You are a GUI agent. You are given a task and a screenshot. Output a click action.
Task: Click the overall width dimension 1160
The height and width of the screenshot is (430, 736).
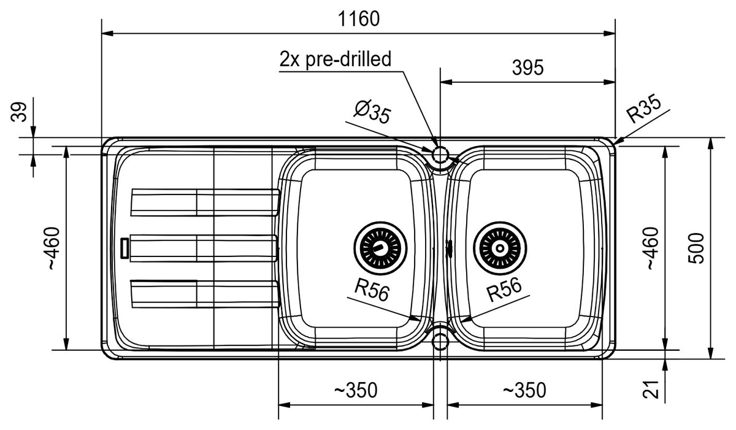click(x=358, y=19)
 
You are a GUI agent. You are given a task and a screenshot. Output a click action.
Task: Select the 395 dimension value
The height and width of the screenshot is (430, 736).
click(x=527, y=67)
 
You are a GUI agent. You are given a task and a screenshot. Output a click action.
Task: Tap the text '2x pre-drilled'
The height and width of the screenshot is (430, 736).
click(x=335, y=60)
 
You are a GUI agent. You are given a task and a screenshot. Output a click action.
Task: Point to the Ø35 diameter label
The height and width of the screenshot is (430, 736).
click(x=372, y=112)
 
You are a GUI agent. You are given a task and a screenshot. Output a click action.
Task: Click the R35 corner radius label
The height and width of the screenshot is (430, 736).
click(x=643, y=108)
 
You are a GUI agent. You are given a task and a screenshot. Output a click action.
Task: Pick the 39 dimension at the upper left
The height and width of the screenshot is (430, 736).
click(x=19, y=112)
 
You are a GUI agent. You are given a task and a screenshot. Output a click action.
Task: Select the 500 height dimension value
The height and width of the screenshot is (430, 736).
click(x=696, y=248)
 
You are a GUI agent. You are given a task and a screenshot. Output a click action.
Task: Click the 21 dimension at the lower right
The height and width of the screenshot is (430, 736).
click(x=651, y=390)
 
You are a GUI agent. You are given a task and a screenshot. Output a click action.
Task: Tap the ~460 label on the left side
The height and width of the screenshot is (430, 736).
click(x=53, y=248)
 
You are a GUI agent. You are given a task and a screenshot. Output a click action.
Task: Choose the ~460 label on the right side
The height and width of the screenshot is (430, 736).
click(x=653, y=248)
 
